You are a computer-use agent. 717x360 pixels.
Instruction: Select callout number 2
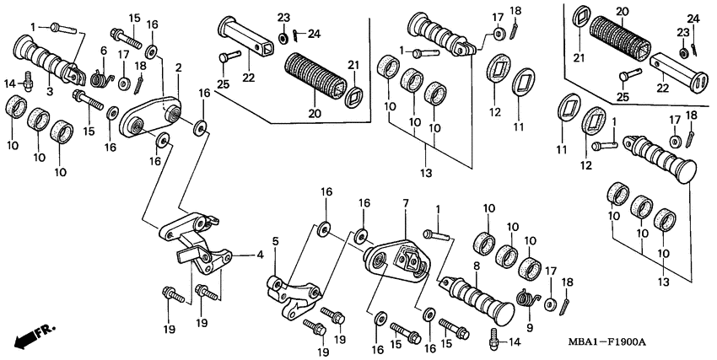tap(178, 67)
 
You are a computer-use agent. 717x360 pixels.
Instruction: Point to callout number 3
tap(50, 89)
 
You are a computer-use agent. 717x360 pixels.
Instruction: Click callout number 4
tap(259, 253)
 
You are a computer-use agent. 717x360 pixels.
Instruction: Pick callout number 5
tap(275, 242)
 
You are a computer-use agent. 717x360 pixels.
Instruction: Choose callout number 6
tap(103, 51)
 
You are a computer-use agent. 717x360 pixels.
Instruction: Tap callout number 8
tap(476, 266)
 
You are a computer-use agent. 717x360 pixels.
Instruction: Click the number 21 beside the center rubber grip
tap(354, 65)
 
